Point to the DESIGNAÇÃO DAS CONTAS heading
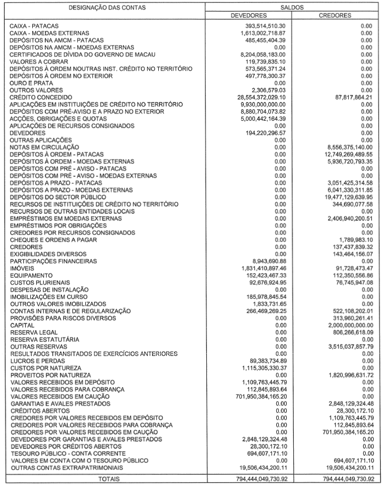[103, 8]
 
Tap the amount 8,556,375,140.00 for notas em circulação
[343, 147]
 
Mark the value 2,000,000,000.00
[343, 325]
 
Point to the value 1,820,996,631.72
[343, 375]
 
